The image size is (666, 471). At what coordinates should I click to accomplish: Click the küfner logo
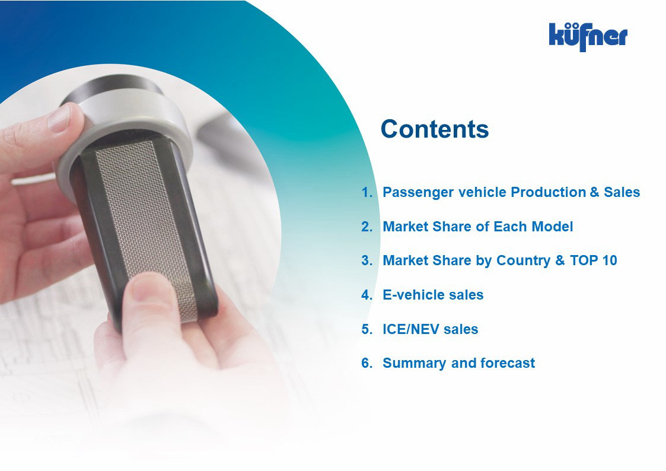588,37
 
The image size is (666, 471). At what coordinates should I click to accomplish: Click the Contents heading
435,129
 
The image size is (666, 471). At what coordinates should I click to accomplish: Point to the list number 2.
367,227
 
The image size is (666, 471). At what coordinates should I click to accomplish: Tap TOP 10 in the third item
594,260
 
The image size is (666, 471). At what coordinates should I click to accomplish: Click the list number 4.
367,295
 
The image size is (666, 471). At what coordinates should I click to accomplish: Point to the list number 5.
367,329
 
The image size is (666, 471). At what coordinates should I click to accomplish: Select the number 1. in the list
367,192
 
